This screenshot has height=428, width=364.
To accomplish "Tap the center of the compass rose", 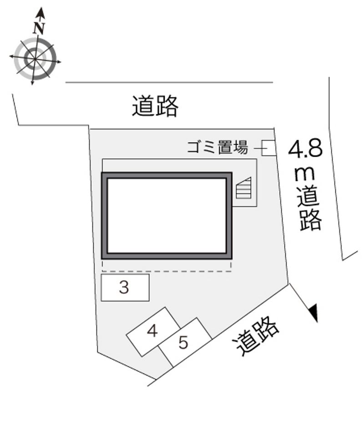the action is coord(35,59).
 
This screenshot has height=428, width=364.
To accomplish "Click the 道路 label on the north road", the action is coord(155,106).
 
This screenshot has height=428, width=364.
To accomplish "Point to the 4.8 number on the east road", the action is coord(305,149).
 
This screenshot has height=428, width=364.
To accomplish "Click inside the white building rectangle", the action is coord(167,215).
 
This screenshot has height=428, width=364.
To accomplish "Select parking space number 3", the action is coord(125,287).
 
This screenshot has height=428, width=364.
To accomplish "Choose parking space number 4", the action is coord(153,331).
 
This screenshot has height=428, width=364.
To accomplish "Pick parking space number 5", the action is coord(184,342).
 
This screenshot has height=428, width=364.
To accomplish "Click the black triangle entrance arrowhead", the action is coord(313,313).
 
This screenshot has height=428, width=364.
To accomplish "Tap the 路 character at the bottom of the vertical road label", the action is coord(310,220).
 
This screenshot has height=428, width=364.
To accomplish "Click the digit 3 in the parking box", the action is coord(124,287).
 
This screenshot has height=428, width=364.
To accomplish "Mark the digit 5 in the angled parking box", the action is coord(183,343).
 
